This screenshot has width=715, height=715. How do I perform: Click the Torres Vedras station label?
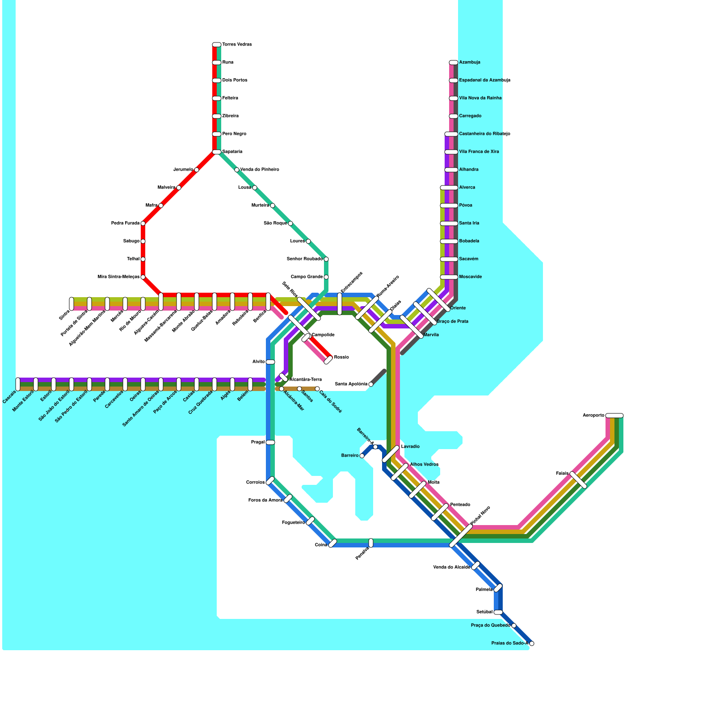[x=237, y=45]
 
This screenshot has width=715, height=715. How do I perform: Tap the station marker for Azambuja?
[x=453, y=63]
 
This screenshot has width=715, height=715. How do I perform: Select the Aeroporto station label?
[x=593, y=416]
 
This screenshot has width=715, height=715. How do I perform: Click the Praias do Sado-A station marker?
[x=531, y=643]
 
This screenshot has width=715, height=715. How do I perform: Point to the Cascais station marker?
[x=18, y=384]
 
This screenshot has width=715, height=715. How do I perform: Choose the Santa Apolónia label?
[x=351, y=384]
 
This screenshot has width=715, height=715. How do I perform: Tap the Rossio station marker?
[x=328, y=360]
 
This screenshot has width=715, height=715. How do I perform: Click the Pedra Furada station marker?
[x=143, y=223]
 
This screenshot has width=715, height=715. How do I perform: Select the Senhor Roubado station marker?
[x=326, y=259]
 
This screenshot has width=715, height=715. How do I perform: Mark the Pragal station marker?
[x=270, y=442]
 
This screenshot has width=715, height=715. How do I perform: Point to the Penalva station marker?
[x=371, y=543]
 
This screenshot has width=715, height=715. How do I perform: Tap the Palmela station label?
[x=484, y=590]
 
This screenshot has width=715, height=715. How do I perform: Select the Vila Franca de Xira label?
[x=479, y=152]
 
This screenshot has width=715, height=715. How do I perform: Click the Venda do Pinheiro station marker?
[x=237, y=170]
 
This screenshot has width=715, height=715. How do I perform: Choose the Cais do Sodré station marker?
[x=317, y=389]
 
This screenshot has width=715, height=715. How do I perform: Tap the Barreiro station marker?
[x=362, y=456]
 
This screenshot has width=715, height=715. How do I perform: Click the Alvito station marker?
[x=270, y=362]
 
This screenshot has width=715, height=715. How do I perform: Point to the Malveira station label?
[x=166, y=188]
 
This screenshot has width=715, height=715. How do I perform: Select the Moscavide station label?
[x=470, y=277]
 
